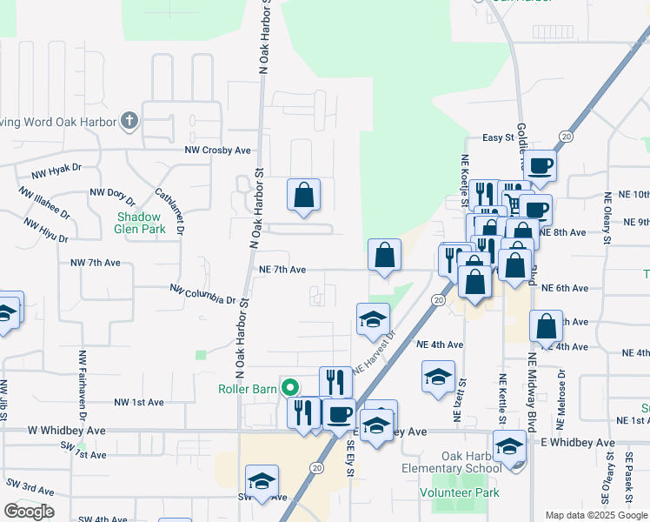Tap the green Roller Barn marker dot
[x=293, y=388]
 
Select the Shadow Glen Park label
[x=139, y=223]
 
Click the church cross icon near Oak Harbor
[x=129, y=120]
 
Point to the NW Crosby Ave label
[x=217, y=150]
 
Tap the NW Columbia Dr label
[x=203, y=294]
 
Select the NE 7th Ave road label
[x=282, y=270]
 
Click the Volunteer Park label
[x=460, y=492]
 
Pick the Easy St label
[x=499, y=137]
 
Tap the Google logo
[x=29, y=512]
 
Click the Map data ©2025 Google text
[x=596, y=515]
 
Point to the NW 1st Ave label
[x=139, y=403]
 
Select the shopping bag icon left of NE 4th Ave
[x=546, y=327]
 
